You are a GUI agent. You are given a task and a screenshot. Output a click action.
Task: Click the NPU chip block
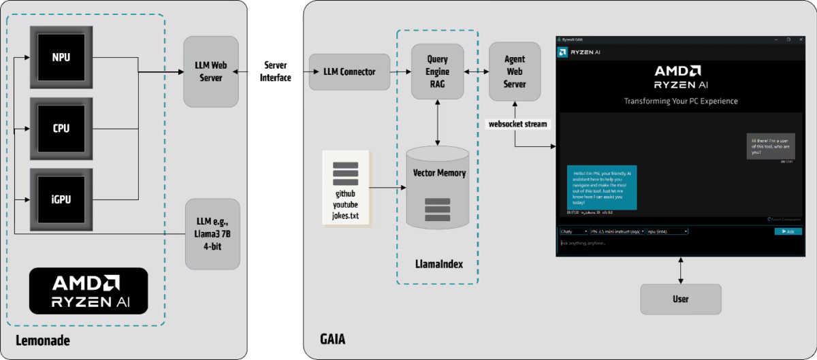click(61, 58)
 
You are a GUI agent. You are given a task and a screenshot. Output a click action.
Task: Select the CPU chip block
click(61, 129)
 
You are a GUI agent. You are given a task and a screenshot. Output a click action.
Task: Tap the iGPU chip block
click(61, 199)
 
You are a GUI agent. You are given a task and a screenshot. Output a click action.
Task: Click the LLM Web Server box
click(211, 71)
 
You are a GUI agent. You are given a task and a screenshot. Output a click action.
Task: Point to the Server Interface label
click(274, 71)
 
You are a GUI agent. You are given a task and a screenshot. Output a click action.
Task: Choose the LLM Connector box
click(349, 71)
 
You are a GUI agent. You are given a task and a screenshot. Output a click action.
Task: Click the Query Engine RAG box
click(437, 71)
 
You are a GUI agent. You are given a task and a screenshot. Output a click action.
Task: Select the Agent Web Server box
click(515, 71)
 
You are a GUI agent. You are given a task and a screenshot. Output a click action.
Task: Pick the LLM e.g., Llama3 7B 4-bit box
click(212, 233)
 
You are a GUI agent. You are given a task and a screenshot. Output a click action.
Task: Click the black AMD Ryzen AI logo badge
click(89, 291)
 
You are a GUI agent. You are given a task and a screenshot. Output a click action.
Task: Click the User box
click(680, 299)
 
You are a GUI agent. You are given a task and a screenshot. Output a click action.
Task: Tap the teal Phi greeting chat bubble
click(601, 187)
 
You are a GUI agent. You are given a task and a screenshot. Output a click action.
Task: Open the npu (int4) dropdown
click(667, 231)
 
